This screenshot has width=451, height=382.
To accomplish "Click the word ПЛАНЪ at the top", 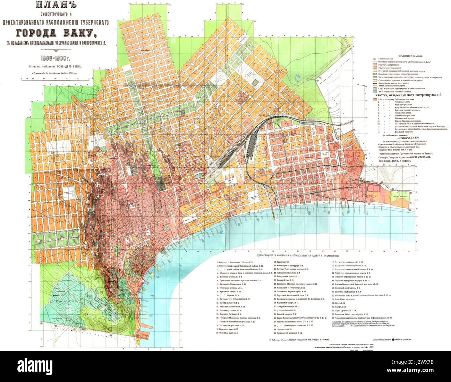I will (x=56, y=7).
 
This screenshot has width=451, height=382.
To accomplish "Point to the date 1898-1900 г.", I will (x=56, y=57).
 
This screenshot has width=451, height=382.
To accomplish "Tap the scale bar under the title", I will (x=56, y=79).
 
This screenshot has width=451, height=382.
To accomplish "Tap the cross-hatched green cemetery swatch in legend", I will (x=374, y=74).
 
